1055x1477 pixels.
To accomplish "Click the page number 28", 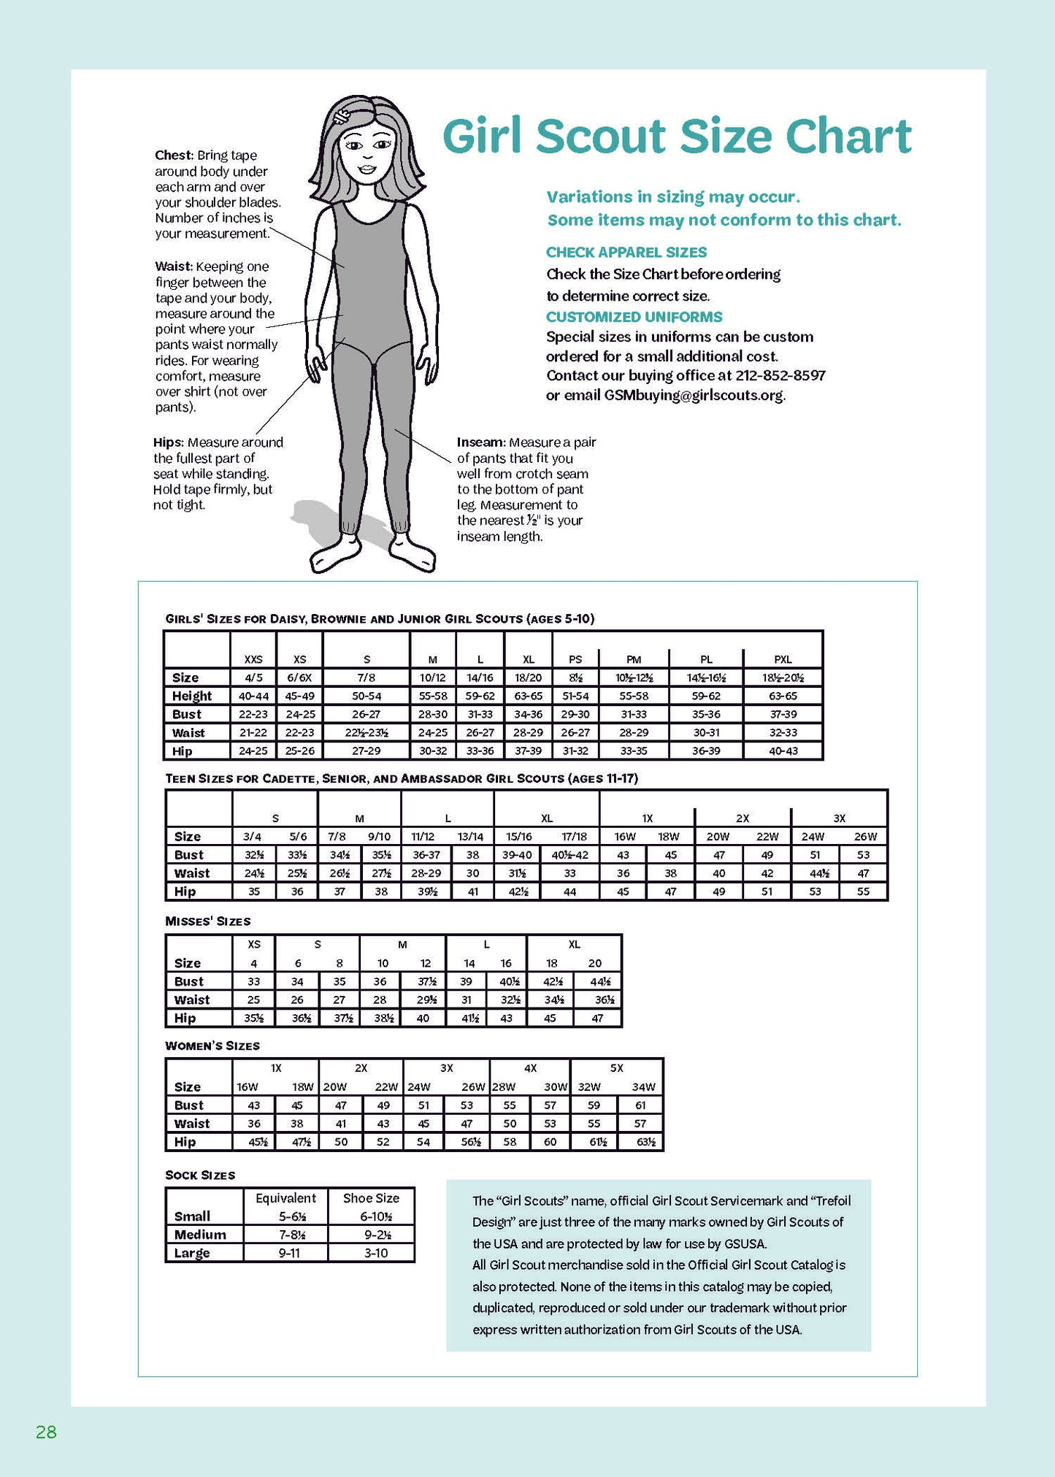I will coord(46,1432).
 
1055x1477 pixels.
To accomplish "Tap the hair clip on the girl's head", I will coord(342,116).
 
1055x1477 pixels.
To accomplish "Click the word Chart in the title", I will coord(848,137).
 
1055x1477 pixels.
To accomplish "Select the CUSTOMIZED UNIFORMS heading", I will coord(634,317).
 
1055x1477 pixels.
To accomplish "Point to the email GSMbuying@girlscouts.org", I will coord(693,396).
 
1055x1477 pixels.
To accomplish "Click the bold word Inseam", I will coord(480,442).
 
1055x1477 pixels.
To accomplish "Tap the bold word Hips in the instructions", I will coord(168,442).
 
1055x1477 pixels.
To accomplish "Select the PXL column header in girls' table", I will coord(782,659).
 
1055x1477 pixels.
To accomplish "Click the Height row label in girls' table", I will coord(191,696).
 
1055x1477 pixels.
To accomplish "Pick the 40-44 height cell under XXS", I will coord(253,696).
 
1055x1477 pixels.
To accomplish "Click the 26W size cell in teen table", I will coord(864,837).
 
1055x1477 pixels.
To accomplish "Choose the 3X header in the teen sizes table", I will coord(839,818).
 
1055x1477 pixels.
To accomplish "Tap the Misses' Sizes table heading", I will coord(207,921).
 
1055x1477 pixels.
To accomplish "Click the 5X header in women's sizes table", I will coord(616,1068).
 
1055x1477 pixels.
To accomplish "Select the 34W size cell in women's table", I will coord(642,1087).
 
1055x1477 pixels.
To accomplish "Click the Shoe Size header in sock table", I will coord(371,1198).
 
